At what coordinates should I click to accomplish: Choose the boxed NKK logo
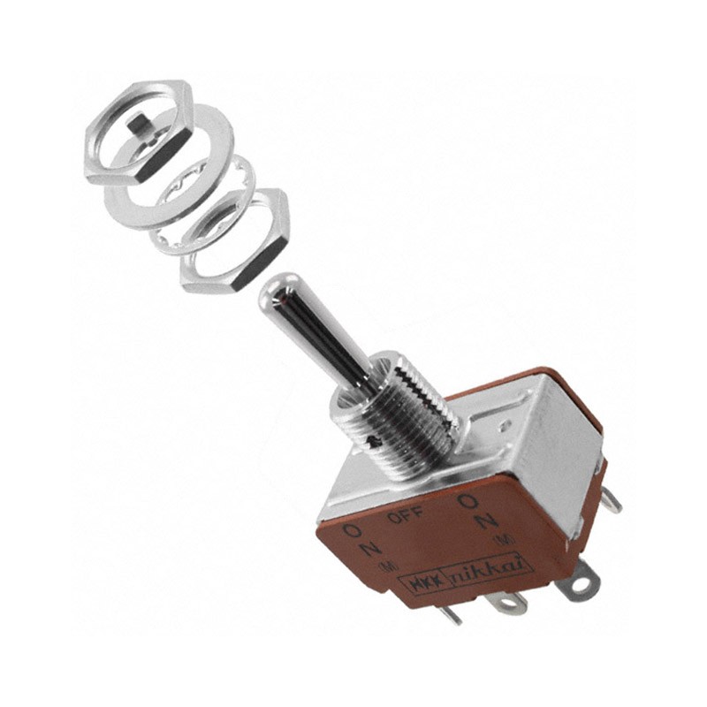(x=425, y=584)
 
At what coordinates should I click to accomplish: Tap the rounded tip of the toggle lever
(x=276, y=292)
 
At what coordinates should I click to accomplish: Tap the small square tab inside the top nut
(x=138, y=123)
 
